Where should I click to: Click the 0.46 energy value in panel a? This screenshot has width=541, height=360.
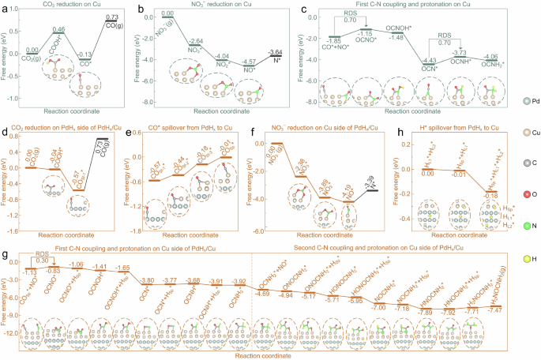tap(58, 29)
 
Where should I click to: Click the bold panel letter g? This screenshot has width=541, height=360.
tap(6, 257)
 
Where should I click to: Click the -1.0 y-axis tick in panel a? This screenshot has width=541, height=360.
tap(17, 98)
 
